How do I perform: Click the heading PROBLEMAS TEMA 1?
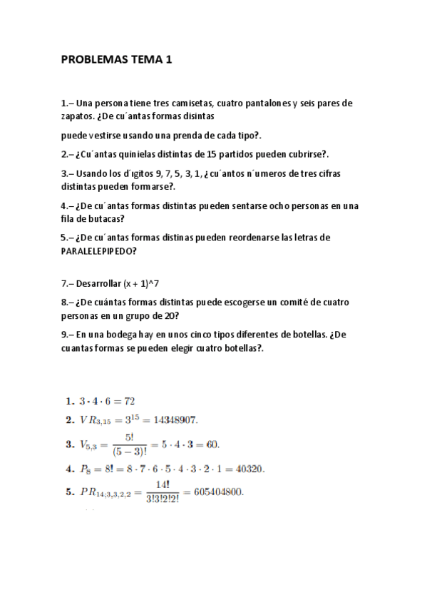click(x=117, y=61)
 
